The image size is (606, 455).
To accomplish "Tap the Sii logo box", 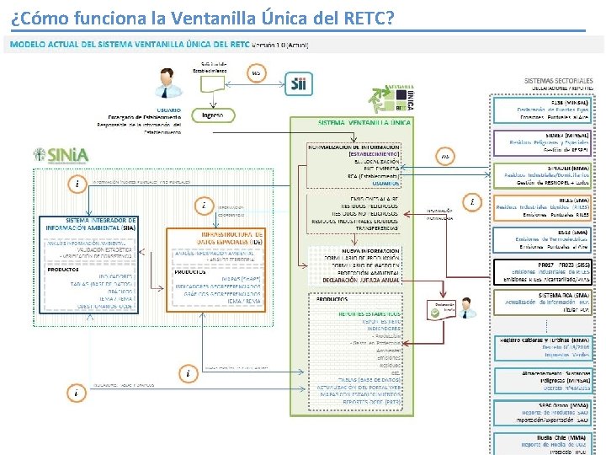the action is coord(300,83).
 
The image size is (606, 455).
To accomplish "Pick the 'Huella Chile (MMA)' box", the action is coord(547,441).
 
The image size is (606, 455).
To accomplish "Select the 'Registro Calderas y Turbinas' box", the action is coord(547,346).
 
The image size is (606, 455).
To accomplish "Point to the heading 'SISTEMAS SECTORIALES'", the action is coord(559,80).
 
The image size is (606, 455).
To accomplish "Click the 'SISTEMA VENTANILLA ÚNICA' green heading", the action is coord(365,123).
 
